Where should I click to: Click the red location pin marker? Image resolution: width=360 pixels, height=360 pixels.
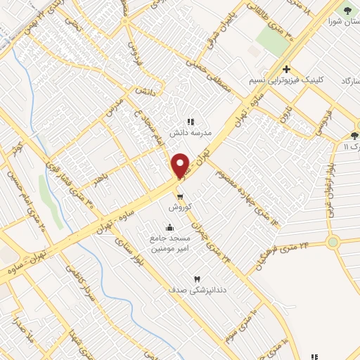(181, 165)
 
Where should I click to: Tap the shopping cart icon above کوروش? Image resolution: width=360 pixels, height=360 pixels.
(180, 196)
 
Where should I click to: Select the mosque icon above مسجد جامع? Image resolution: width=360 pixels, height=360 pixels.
(169, 228)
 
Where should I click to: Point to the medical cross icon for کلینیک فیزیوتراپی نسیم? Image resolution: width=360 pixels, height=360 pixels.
(286, 69)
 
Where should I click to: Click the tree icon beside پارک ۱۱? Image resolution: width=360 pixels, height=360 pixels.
(354, 136)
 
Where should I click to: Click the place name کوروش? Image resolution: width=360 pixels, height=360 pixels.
(180, 207)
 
